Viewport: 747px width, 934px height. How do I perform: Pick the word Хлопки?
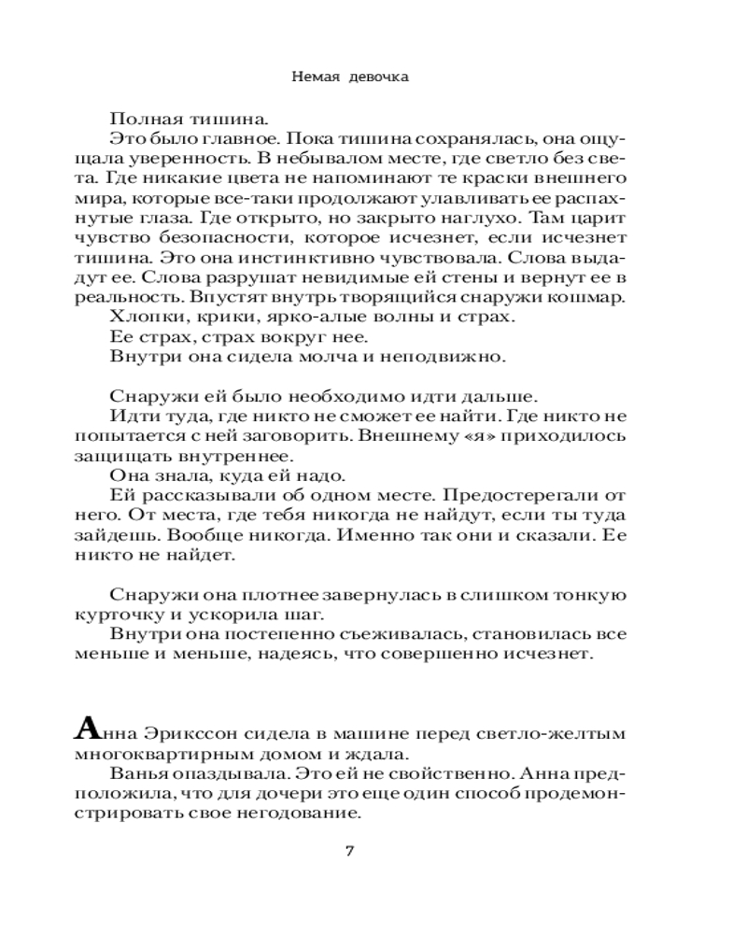coord(138,317)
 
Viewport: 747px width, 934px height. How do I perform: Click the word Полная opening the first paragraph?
coord(138,119)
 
